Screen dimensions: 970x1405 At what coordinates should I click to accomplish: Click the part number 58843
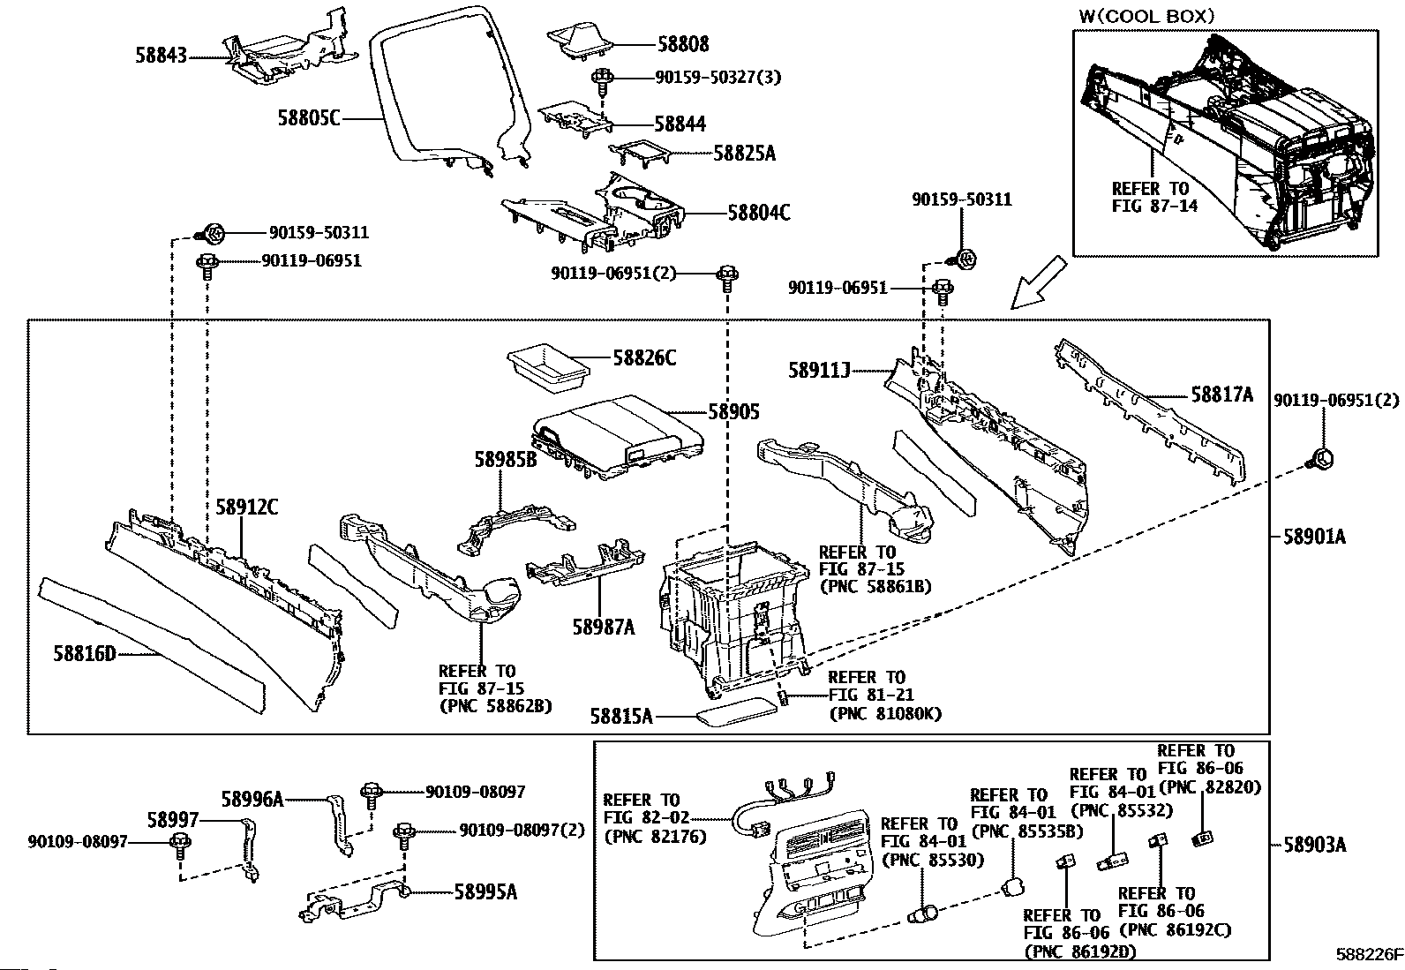162,56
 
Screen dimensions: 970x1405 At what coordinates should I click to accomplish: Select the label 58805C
309,117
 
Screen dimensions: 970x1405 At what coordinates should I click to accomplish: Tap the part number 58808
682,44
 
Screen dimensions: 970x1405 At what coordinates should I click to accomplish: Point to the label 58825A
744,154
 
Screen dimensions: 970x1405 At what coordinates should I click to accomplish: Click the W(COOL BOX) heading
1146,16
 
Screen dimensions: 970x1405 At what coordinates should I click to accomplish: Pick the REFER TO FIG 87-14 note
1150,197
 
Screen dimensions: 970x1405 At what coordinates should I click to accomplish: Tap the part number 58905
733,412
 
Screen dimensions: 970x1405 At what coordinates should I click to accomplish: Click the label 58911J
819,370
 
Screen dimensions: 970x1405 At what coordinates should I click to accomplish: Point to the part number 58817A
1221,395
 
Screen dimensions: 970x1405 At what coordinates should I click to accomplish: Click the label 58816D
84,654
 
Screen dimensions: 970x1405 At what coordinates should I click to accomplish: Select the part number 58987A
604,627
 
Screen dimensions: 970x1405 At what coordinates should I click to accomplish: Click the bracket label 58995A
485,891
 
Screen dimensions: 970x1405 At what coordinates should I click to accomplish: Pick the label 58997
173,820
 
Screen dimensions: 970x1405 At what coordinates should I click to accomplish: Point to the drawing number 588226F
1368,954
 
